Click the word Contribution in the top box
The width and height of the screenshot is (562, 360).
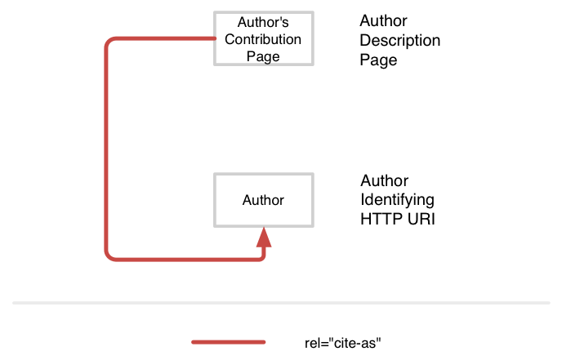[x=263, y=39]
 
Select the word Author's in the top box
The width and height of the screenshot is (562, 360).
[x=263, y=22]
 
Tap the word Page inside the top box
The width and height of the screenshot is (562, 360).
[x=263, y=56]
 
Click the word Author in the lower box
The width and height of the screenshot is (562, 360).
[x=263, y=200]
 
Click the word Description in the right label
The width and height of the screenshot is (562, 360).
[x=400, y=41]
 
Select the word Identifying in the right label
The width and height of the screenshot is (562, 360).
[x=398, y=200]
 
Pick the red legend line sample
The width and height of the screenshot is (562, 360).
[x=229, y=342]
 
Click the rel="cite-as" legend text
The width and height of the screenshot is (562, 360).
[x=342, y=343]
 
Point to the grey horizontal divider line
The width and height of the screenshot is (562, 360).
[x=281, y=303]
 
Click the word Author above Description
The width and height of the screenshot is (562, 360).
[x=383, y=20]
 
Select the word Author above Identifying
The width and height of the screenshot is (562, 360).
[x=384, y=180]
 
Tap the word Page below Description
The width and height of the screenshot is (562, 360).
[x=378, y=60]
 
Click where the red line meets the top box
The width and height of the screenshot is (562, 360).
[x=215, y=38]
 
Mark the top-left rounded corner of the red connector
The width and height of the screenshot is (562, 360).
[x=109, y=41]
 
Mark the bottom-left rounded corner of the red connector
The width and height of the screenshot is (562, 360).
[x=109, y=256]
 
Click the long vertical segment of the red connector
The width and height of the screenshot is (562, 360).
[x=106, y=149]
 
